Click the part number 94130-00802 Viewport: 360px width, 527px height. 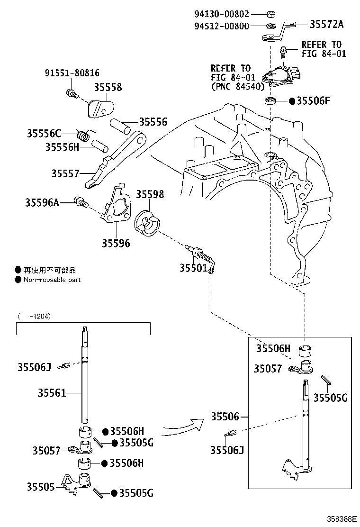coord(222,14)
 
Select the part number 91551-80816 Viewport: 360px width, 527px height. coord(72,73)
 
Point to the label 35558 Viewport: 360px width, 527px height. coord(108,87)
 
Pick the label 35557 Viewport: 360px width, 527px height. coord(66,173)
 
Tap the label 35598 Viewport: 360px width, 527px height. coord(150,194)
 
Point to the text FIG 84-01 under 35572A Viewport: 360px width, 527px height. coord(324,54)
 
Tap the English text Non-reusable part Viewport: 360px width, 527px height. coord(52,280)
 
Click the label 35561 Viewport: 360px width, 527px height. coord(52,392)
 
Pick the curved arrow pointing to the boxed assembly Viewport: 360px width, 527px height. coord(183,427)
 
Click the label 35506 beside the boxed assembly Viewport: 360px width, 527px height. coord(225,417)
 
